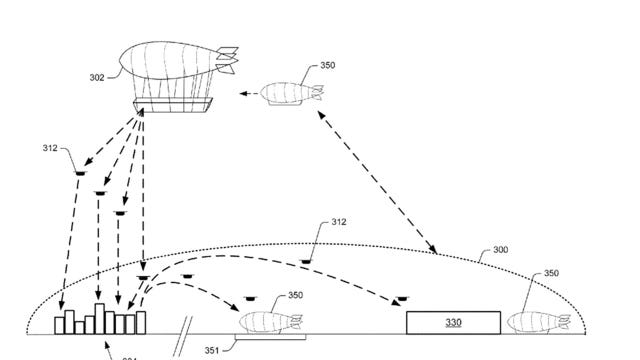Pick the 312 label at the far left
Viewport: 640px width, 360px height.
(x=50, y=147)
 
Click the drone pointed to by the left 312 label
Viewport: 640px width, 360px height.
(x=78, y=177)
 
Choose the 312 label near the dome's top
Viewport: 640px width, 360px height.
(x=338, y=223)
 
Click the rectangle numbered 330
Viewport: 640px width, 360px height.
(x=453, y=322)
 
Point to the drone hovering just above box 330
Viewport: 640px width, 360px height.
(x=402, y=299)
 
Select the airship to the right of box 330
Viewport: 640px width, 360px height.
(x=540, y=320)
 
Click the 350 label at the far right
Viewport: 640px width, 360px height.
(x=551, y=273)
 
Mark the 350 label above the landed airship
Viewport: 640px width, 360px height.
(x=295, y=295)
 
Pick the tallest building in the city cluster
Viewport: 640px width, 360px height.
(x=100, y=315)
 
